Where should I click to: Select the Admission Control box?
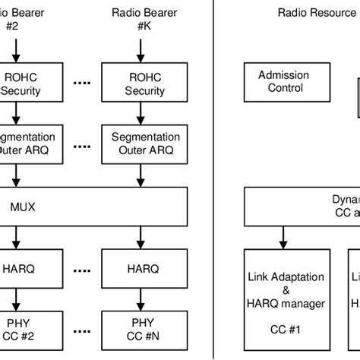tap(281, 81)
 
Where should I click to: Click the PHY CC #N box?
tap(145, 333)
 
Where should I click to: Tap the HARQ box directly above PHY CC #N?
tap(145, 269)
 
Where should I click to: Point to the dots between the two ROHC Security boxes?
tap(82, 84)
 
